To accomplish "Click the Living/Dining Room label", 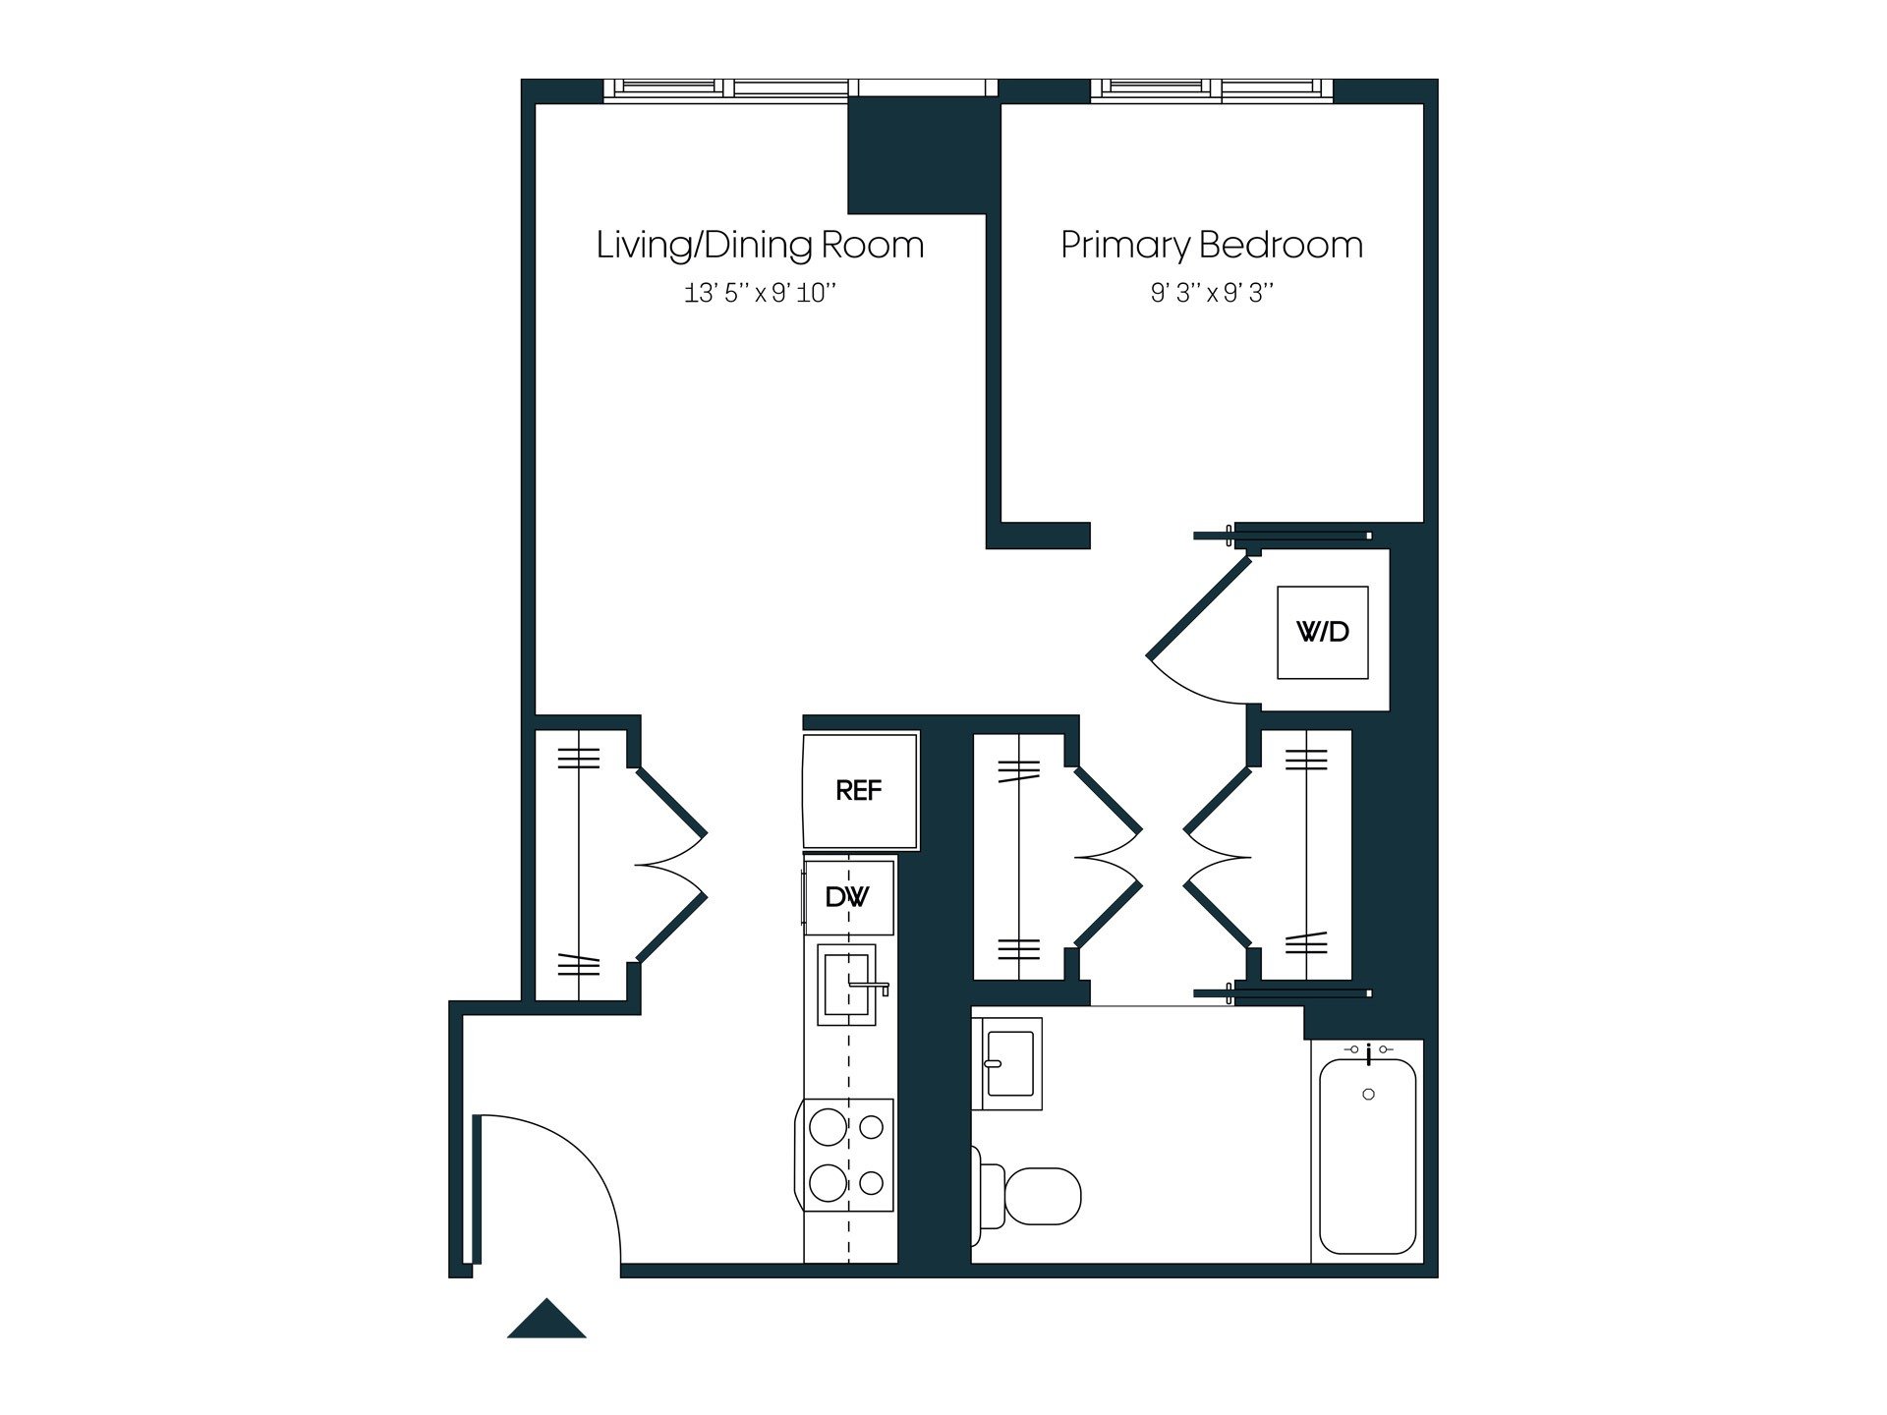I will pos(760,245).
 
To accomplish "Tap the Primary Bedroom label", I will pos(1211,245).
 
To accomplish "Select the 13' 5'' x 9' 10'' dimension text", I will pos(760,293).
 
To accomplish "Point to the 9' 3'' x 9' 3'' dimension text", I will pos(1211,293).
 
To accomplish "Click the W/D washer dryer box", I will pos(1322,632).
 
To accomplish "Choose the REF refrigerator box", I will pos(860,790).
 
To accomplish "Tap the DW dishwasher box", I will pos(848,896).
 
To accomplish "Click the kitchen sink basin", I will pos(843,984).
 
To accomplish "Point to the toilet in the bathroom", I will pos(1037,1196).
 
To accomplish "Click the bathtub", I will pos(1367,1156).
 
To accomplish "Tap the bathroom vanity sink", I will pos(1009,1064).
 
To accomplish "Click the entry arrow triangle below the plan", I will pos(546,1320).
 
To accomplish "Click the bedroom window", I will pos(1212,89).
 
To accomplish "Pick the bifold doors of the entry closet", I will pos(671,865).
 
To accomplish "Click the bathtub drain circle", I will pos(1368,1095).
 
